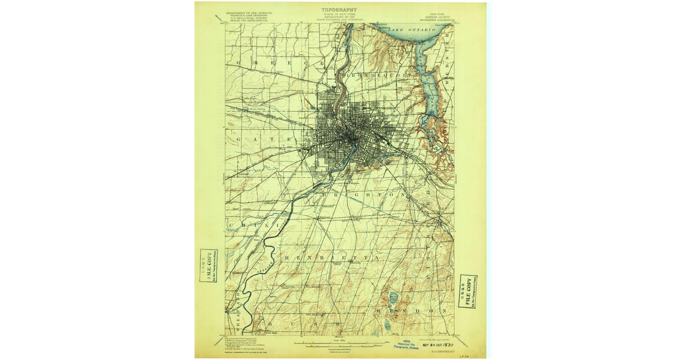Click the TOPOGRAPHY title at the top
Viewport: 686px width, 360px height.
[x=340, y=10]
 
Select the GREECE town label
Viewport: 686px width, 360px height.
[x=280, y=62]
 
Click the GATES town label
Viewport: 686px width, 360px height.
[x=268, y=139]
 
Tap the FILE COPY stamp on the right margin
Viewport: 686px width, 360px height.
[x=468, y=291]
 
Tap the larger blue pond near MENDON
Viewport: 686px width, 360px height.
[x=393, y=297]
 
